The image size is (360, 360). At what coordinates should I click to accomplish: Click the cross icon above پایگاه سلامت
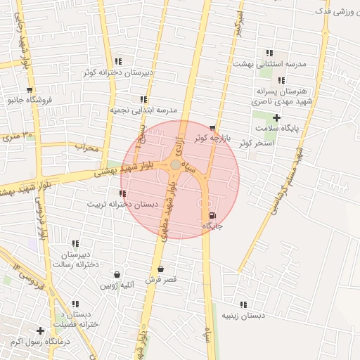pos(276,117)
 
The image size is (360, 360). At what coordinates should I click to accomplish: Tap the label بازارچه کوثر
pos(212,138)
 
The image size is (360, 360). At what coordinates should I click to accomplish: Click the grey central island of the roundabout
pos(175,165)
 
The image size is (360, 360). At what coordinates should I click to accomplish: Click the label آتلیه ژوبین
pos(117,285)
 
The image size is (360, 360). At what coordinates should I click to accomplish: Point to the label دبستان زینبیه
pos(243,316)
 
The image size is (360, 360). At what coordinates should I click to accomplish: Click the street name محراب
pos(89,148)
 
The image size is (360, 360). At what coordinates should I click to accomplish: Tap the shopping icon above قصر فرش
pos(161,269)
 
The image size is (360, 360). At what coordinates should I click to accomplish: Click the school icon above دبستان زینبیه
pos(243,304)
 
